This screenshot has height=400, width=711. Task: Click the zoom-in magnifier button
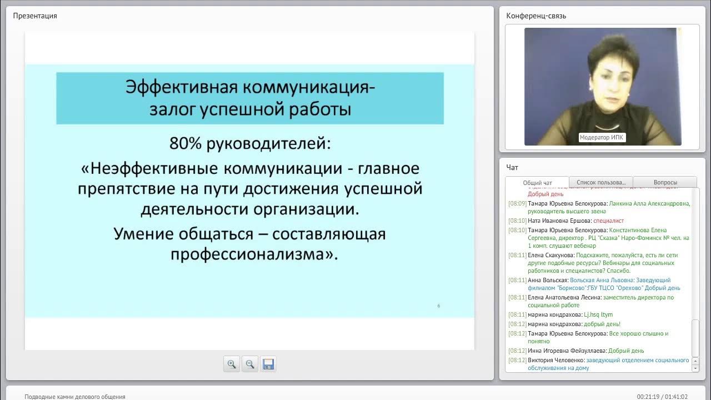click(x=232, y=364)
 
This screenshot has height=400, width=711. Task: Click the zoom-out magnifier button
click(x=250, y=364)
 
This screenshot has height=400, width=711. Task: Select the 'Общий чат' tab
click(x=537, y=183)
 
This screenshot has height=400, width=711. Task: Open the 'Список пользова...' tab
click(x=601, y=182)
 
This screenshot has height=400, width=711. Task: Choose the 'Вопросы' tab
click(x=665, y=182)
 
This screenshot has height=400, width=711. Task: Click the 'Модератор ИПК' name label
click(x=602, y=137)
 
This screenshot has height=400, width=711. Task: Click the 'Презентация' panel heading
click(x=35, y=16)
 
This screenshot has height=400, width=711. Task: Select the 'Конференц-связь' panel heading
click(x=536, y=16)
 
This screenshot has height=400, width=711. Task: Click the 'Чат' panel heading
click(x=512, y=167)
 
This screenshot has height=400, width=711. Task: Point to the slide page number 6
click(x=438, y=306)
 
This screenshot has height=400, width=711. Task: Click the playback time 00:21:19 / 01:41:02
click(x=662, y=397)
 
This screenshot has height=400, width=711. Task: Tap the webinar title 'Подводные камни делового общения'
click(x=75, y=397)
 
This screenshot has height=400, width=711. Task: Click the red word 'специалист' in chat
click(x=608, y=221)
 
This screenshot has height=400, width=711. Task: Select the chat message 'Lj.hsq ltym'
click(x=598, y=314)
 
